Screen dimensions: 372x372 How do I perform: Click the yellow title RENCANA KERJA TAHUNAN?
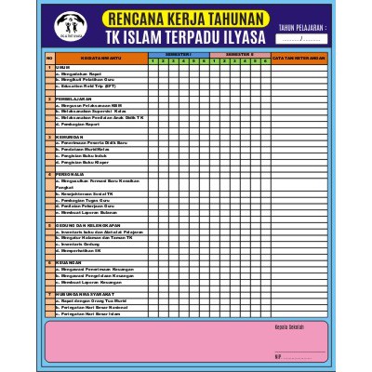tap(186, 20)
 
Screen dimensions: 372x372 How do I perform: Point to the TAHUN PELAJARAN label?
tap(303, 29)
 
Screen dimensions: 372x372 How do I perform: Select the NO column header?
tap(48, 58)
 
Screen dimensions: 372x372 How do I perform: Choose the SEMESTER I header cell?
tap(178, 55)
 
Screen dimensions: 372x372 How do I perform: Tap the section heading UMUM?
tap(63, 68)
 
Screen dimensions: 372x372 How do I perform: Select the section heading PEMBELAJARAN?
tap(73, 98)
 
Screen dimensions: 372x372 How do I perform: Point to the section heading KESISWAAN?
tap(70, 136)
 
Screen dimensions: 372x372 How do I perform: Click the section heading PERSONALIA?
tap(72, 174)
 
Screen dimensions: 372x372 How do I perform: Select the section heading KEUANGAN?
tap(69, 262)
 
